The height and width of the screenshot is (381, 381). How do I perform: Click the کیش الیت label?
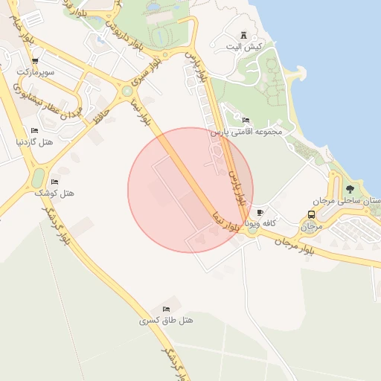tap(248, 46)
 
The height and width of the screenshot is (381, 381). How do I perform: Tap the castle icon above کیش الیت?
tap(244, 35)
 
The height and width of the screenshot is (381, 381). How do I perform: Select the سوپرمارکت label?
tap(36, 71)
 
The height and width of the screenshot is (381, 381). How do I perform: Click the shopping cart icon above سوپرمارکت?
tap(35, 61)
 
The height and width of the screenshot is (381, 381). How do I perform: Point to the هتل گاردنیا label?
tap(33, 141)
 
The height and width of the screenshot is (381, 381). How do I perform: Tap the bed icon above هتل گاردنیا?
tap(34, 130)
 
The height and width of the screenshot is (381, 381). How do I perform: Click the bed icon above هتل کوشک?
tap(54, 182)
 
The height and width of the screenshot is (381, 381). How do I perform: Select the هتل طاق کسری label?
tap(166, 320)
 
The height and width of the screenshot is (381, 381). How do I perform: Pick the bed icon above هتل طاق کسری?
tap(166, 309)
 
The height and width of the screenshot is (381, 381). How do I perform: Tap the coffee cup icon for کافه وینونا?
tap(260, 212)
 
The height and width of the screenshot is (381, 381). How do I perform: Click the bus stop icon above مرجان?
tap(311, 214)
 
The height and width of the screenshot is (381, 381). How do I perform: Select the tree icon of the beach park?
tap(350, 189)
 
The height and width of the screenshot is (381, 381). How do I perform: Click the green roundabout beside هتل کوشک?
tap(37, 178)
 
